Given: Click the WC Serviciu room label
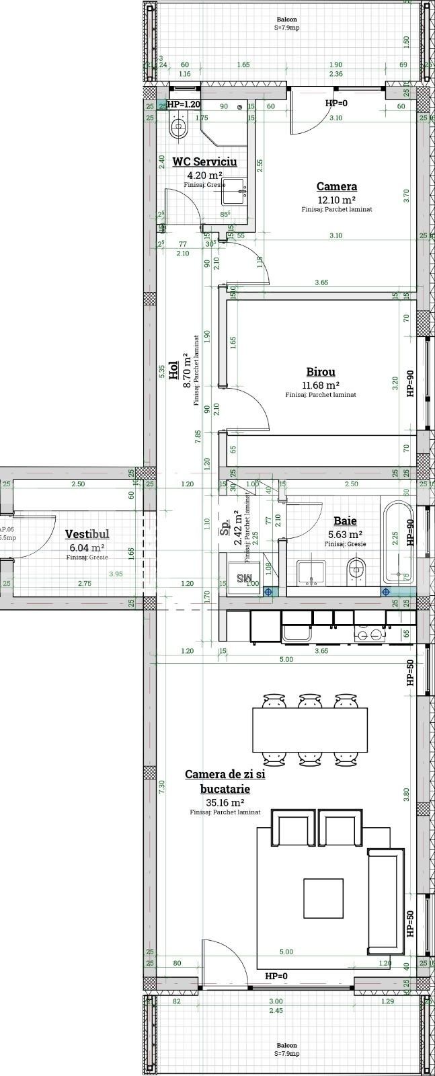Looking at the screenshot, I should pyautogui.click(x=204, y=161).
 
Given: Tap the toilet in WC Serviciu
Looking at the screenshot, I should pyautogui.click(x=178, y=125).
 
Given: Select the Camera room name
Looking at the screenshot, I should pyautogui.click(x=336, y=186).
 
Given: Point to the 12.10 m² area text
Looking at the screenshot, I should pyautogui.click(x=336, y=199).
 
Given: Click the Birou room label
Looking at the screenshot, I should pyautogui.click(x=320, y=371).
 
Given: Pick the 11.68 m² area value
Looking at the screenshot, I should pyautogui.click(x=320, y=385).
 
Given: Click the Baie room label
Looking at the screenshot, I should pyautogui.click(x=345, y=521).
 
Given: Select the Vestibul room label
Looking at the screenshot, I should pyautogui.click(x=87, y=534).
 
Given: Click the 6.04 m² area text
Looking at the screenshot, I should pyautogui.click(x=87, y=547).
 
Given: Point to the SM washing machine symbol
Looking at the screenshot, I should pyautogui.click(x=241, y=579).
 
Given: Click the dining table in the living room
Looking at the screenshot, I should pyautogui.click(x=309, y=730).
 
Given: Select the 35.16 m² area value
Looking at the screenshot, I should pyautogui.click(x=225, y=802).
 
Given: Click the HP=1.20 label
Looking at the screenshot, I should pyautogui.click(x=183, y=104).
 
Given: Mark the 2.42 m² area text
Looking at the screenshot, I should pyautogui.click(x=237, y=527).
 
